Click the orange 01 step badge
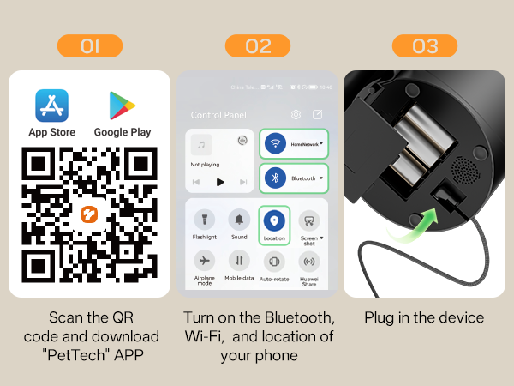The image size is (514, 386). point(89,46)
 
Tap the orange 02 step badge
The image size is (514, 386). point(258,46)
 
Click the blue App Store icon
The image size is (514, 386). point(51,106)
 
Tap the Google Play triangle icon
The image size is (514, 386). point(122,106)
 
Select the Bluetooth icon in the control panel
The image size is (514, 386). point(275,178)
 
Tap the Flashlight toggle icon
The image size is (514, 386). point(205,220)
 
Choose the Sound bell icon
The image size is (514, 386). point(239,220)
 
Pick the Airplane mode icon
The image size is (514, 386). point(205,261)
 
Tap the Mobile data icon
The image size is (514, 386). point(239,261)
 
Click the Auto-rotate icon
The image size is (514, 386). point(274,262)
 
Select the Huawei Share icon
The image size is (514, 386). point(309,261)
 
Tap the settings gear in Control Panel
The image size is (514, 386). point(296,114)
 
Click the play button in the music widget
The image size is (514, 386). point(220,182)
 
